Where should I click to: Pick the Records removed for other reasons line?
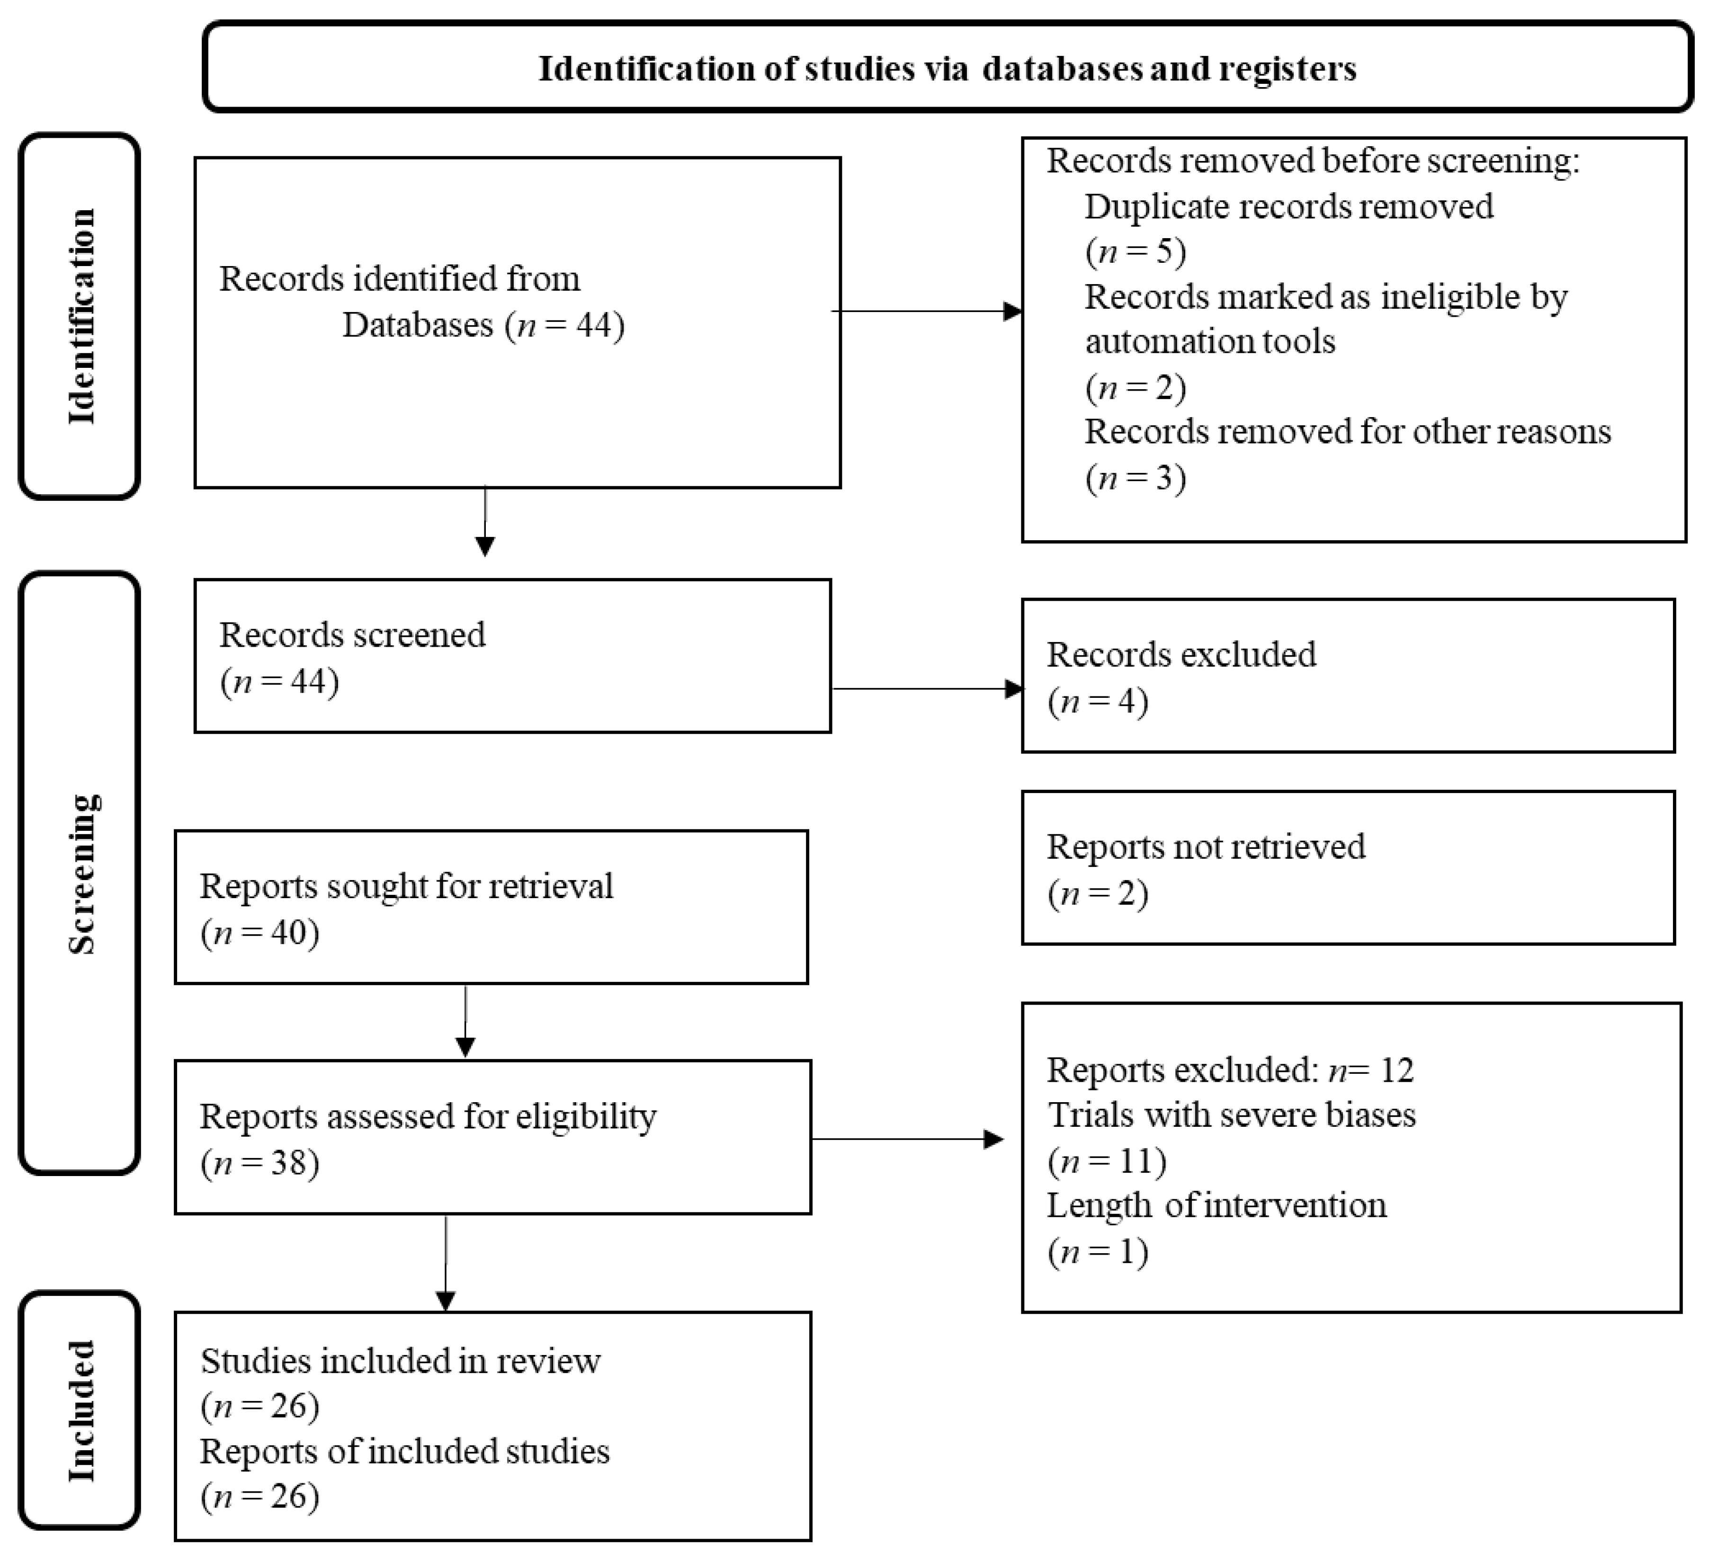point(1347,432)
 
